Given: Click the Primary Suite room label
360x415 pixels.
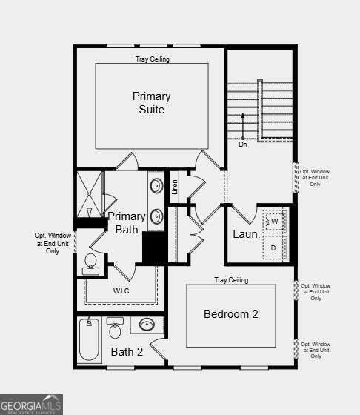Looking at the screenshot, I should click(x=151, y=103).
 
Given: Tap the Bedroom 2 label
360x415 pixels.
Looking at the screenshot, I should click(x=230, y=314).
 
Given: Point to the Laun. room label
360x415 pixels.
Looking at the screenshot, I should click(x=246, y=234).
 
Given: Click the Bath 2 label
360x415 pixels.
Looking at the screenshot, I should click(x=127, y=351).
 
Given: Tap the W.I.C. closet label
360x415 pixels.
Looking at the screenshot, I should click(x=122, y=291).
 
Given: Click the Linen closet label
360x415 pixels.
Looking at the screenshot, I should click(x=176, y=187).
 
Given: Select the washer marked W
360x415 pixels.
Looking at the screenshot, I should click(x=273, y=222).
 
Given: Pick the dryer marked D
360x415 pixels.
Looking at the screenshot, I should click(x=273, y=248).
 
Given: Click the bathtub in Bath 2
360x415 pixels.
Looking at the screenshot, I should click(x=90, y=340).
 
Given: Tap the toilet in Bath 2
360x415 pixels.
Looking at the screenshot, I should click(x=115, y=328).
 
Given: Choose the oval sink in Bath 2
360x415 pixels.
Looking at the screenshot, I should click(x=147, y=324).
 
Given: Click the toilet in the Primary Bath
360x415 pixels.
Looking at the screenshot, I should click(x=90, y=263).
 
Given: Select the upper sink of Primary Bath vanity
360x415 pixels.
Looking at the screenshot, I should click(x=157, y=185).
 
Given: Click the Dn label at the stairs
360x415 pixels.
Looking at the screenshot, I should click(x=242, y=145).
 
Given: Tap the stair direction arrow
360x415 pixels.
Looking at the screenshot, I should click(x=242, y=125).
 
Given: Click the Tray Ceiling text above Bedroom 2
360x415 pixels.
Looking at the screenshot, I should click(x=231, y=280).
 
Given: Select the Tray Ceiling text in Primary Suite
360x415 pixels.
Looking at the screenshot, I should click(x=152, y=59).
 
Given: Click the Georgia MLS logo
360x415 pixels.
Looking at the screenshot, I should click(x=32, y=405).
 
